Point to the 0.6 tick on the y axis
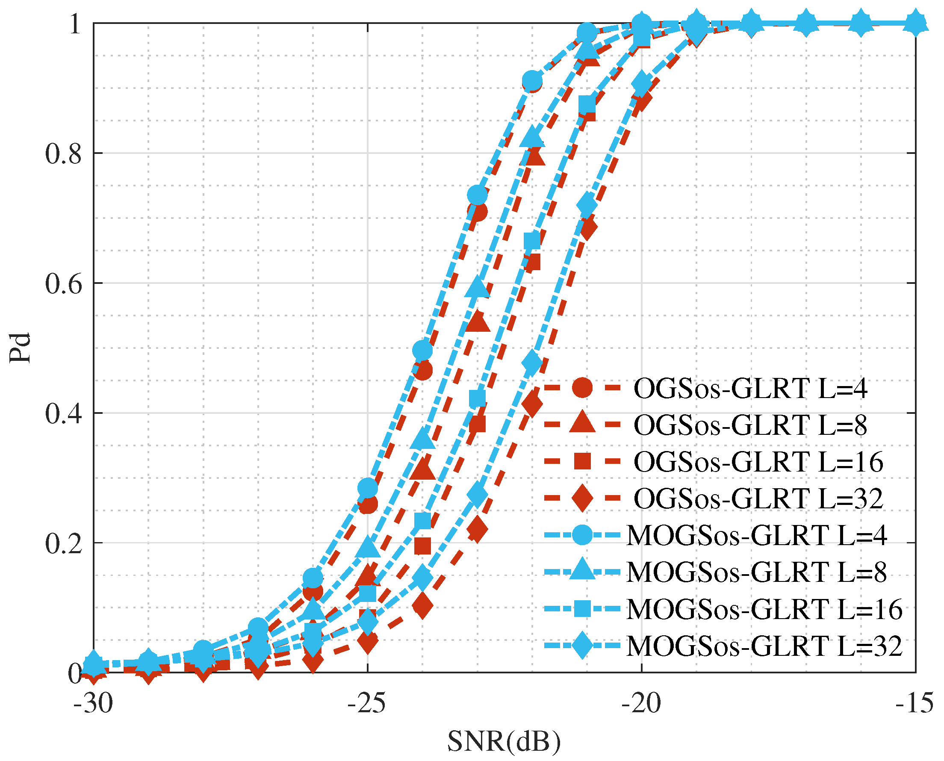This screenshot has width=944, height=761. click(x=64, y=284)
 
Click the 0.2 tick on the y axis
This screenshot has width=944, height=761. click(x=64, y=544)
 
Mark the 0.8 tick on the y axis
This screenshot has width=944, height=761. click(x=64, y=154)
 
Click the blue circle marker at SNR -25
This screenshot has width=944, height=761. click(x=368, y=487)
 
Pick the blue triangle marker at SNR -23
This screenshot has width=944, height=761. click(x=478, y=288)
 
